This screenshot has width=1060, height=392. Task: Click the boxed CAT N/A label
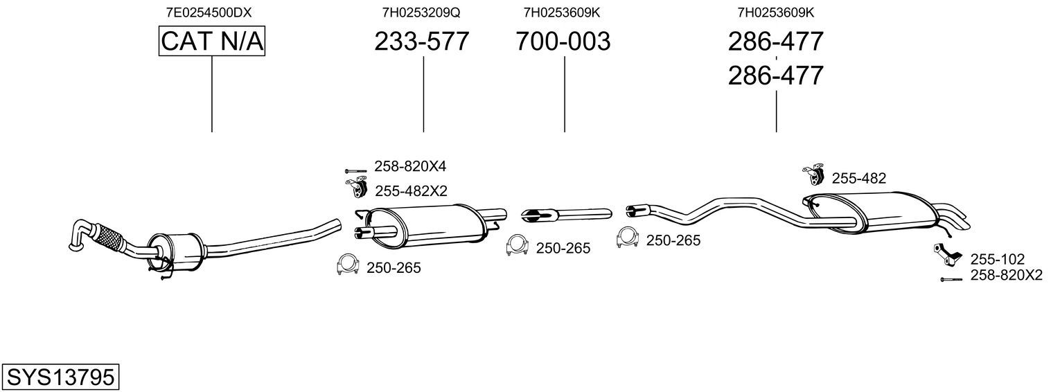(x=211, y=41)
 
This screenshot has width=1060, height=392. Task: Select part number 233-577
(x=422, y=41)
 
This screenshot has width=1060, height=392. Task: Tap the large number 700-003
(x=563, y=41)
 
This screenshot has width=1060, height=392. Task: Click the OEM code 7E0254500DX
(x=209, y=12)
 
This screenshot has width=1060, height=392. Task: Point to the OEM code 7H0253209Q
(x=421, y=12)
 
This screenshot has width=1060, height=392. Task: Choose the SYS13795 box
(x=60, y=377)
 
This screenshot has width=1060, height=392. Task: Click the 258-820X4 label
(x=410, y=166)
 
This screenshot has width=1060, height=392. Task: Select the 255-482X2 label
(x=412, y=191)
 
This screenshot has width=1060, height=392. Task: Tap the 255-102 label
(x=998, y=259)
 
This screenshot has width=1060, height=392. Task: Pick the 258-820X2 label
(x=1007, y=275)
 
